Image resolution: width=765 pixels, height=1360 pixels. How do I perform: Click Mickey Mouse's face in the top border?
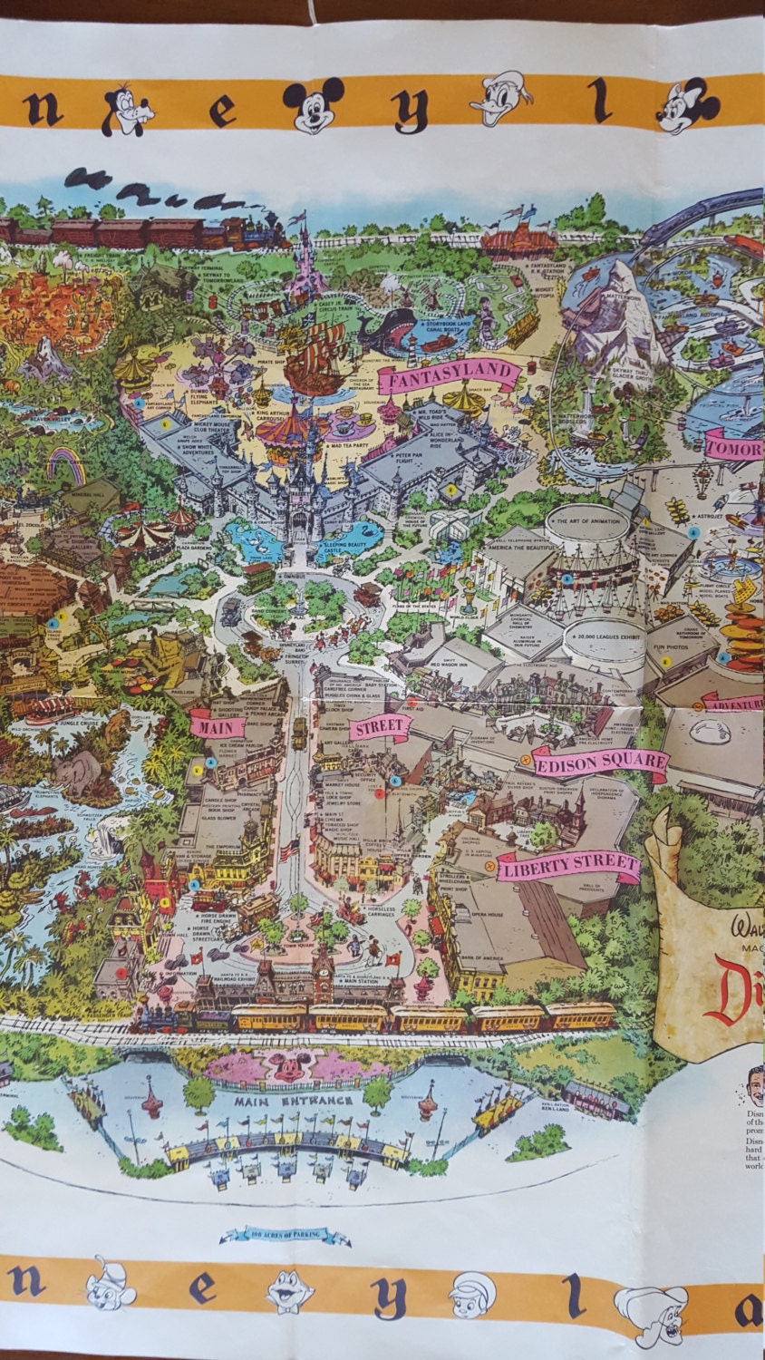point(314,104)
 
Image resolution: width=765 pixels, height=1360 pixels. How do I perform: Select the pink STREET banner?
point(382,727)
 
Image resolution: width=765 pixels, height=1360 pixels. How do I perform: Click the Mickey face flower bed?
point(289,1067)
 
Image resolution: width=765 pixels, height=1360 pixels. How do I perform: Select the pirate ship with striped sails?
point(317,358)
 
